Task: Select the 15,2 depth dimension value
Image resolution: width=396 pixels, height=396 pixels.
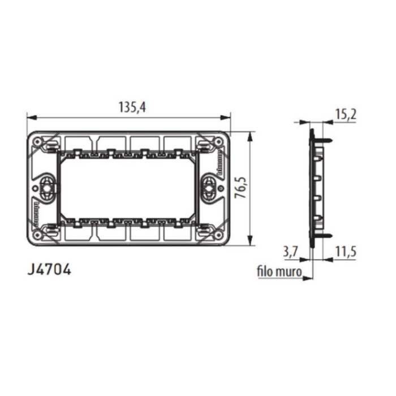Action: [345, 115]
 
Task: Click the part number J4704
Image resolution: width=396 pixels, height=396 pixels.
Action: [49, 270]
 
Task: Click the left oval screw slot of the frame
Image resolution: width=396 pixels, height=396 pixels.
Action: [46, 186]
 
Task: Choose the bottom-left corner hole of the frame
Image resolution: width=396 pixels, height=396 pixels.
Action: [37, 235]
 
